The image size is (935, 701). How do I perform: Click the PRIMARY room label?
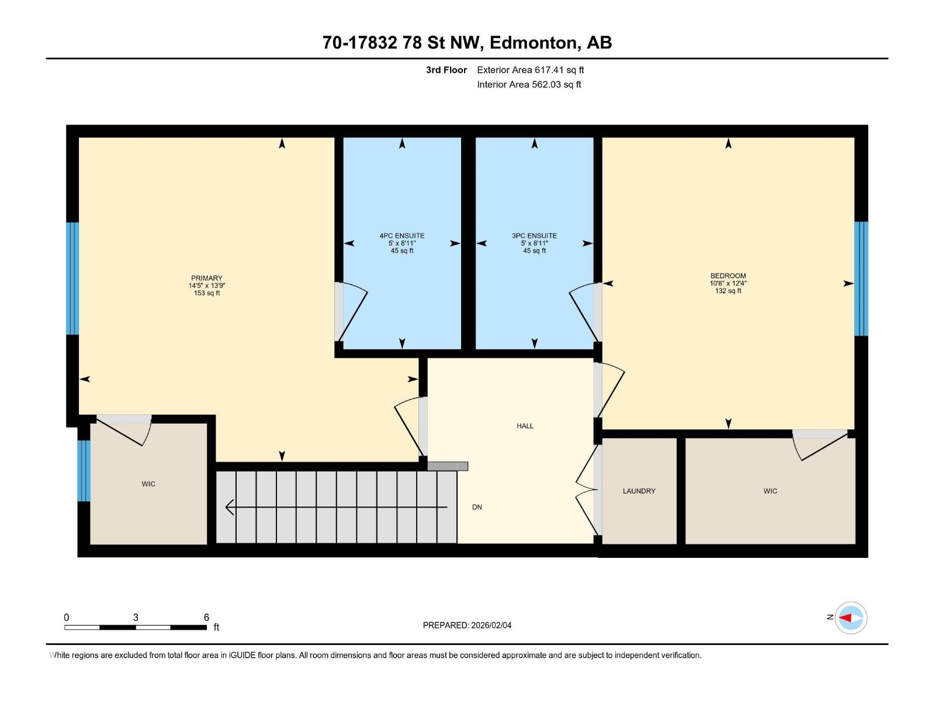[206, 279]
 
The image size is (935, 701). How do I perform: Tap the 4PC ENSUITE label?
[402, 236]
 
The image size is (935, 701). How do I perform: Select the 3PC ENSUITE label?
[534, 236]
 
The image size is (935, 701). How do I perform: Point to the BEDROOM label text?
[728, 276]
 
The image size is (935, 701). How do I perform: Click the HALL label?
[525, 426]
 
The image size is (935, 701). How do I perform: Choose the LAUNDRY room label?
[639, 491]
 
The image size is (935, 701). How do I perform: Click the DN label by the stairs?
[477, 507]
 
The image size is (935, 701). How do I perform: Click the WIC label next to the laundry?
[770, 491]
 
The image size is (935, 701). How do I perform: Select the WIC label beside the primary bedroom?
[148, 484]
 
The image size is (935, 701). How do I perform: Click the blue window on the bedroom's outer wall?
[861, 279]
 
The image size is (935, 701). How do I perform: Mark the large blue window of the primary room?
[72, 279]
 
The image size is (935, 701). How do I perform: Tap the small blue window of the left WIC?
[84, 471]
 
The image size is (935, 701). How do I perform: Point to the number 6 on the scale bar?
[206, 617]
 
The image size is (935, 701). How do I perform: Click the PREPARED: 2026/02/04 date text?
[467, 625]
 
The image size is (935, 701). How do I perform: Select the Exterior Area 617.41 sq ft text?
[530, 70]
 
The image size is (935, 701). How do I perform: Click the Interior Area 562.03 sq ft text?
[529, 85]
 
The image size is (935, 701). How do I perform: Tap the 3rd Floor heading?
[446, 70]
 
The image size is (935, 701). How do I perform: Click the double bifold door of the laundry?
[587, 490]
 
